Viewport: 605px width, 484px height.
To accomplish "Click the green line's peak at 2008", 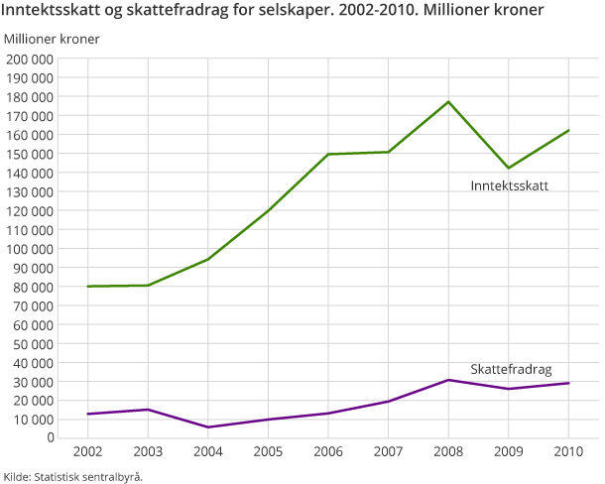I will click(448, 102).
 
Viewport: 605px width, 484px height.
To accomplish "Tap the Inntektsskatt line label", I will click(509, 185).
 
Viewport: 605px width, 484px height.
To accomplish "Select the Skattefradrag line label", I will click(511, 368).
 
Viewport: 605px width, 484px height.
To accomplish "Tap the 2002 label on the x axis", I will click(87, 453).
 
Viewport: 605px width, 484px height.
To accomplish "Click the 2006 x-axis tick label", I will click(328, 453).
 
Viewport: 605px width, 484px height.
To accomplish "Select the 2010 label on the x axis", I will click(568, 453).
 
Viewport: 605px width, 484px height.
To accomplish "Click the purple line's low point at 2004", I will click(208, 427).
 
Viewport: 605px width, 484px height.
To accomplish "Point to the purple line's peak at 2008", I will click(448, 380).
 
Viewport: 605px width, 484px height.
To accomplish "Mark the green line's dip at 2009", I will click(509, 168).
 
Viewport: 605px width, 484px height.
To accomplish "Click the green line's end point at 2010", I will click(568, 131).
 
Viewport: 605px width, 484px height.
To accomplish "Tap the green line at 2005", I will click(268, 210).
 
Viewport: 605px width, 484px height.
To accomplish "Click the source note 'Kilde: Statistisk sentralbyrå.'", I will click(73, 476).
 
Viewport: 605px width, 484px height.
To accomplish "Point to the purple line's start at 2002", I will click(87, 414).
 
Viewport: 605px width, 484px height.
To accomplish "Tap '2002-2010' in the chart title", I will click(299, 12).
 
